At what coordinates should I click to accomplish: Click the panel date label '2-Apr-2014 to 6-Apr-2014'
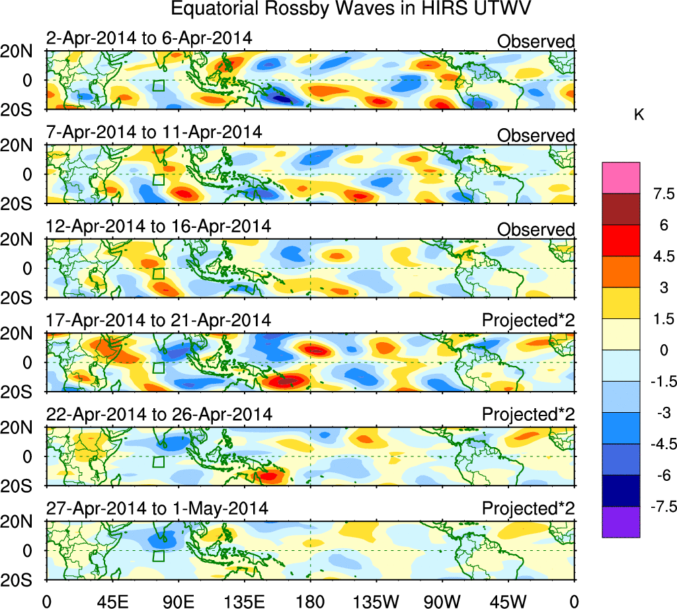pos(149,38)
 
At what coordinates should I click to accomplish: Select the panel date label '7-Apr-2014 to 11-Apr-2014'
pos(153,132)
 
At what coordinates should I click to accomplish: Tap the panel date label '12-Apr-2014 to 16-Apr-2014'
pos(158,226)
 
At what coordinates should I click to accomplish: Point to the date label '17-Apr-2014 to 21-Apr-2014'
pos(158,320)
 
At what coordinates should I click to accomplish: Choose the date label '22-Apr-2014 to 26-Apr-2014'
pos(159,414)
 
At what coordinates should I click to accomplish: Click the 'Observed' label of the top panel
pos(536,42)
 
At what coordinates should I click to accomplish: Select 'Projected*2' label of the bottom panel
pos(528,509)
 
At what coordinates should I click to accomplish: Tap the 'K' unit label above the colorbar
pos(639,115)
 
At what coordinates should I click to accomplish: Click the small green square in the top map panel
pos(158,85)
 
